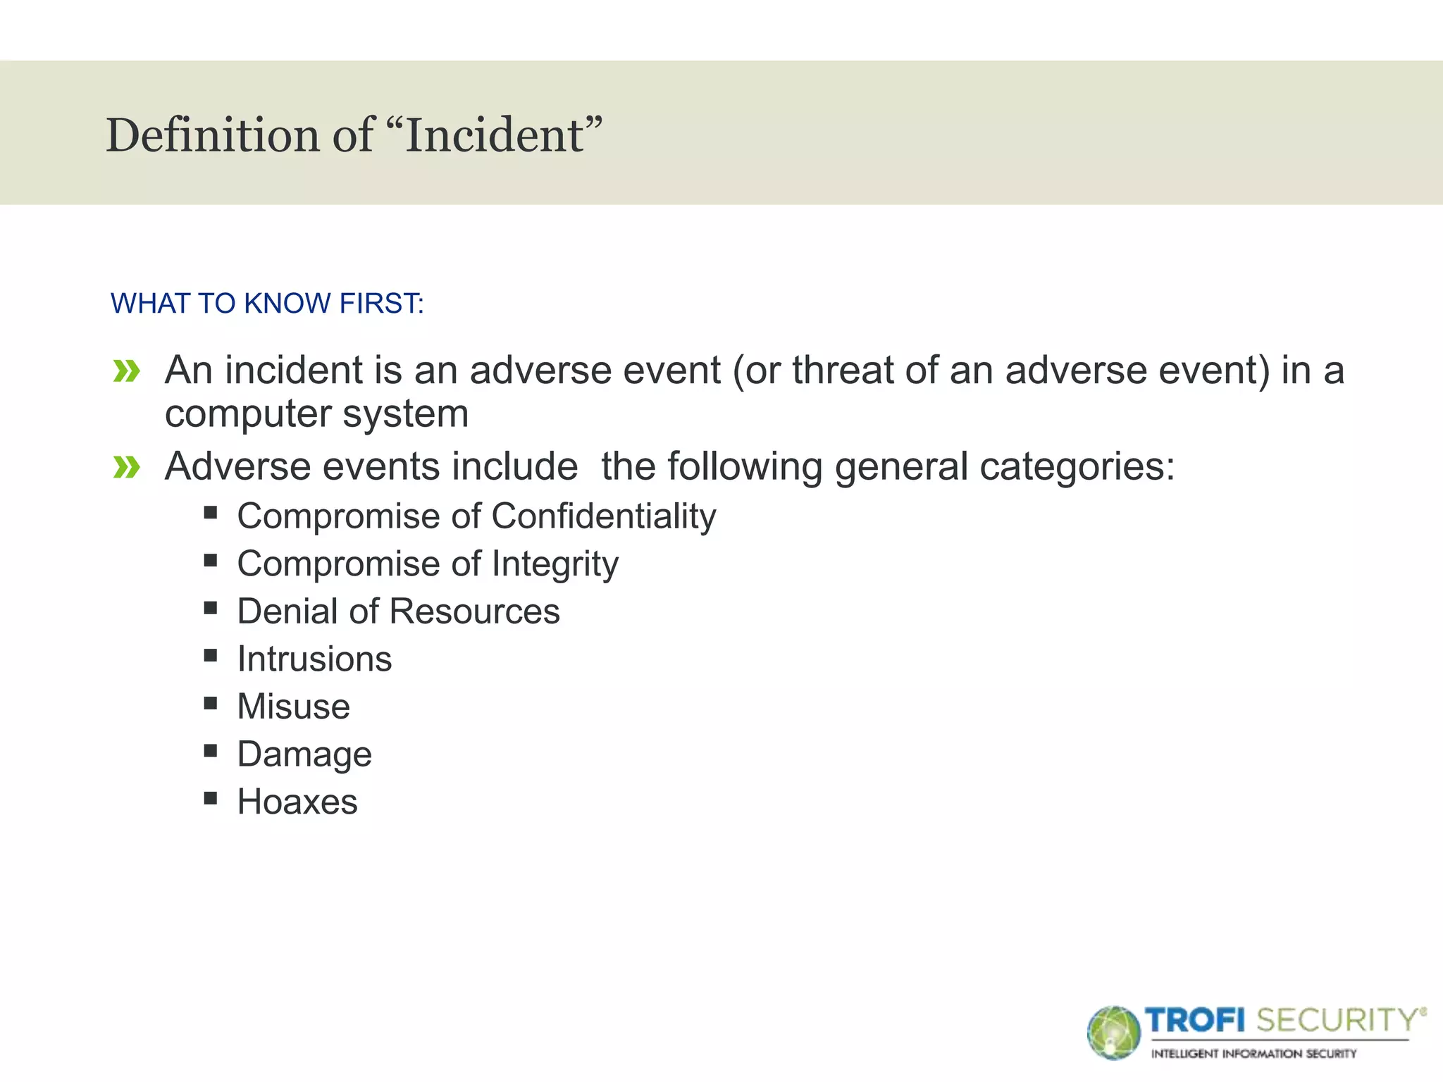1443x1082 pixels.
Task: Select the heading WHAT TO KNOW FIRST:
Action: point(267,304)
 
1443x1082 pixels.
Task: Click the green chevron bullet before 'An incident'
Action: point(127,371)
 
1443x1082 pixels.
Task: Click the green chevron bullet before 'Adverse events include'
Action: point(127,466)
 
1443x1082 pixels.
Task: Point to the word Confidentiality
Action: point(604,516)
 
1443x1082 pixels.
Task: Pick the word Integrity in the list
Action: point(555,564)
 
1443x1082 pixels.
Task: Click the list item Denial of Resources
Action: point(398,611)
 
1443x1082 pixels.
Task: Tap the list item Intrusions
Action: point(314,659)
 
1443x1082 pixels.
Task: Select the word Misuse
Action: point(293,707)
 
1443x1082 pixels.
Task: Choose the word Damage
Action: point(304,754)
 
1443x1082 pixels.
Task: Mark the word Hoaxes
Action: point(297,802)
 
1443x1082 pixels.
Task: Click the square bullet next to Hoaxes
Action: point(211,798)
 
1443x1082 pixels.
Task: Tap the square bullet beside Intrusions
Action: point(211,655)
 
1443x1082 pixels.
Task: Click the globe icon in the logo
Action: point(1114,1033)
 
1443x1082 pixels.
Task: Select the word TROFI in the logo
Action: point(1195,1020)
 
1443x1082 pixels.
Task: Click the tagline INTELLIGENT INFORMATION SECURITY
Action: point(1253,1054)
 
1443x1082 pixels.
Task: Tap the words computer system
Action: point(316,413)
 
